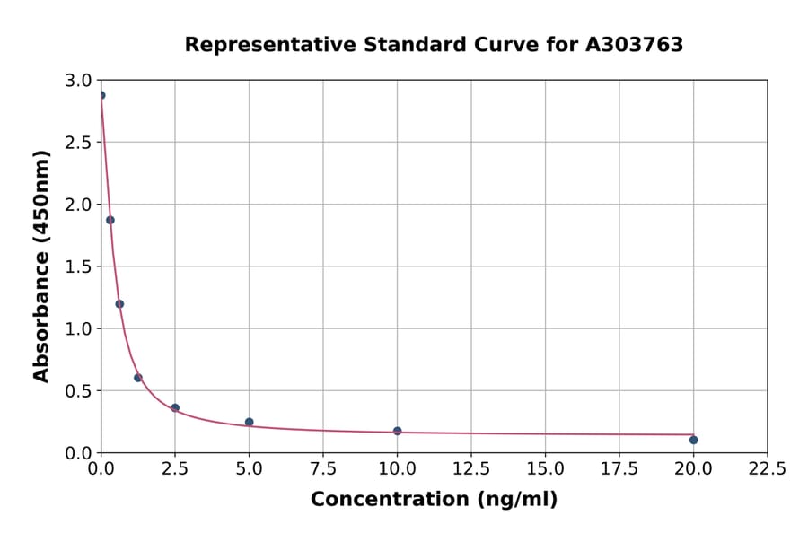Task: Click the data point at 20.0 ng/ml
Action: click(693, 440)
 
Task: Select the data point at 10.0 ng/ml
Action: click(397, 431)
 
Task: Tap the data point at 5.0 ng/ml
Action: click(249, 422)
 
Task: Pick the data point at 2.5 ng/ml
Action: click(175, 407)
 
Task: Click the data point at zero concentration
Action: click(101, 95)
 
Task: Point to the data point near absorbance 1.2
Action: click(119, 303)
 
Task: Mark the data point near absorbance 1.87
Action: click(110, 220)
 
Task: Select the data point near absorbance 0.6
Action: click(138, 378)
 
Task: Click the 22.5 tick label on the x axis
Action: click(767, 469)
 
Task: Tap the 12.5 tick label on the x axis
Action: click(470, 469)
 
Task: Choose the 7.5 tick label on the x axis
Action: click(323, 469)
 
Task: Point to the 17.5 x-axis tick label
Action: click(619, 469)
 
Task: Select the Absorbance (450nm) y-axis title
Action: click(41, 266)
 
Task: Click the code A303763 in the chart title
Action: click(634, 45)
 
